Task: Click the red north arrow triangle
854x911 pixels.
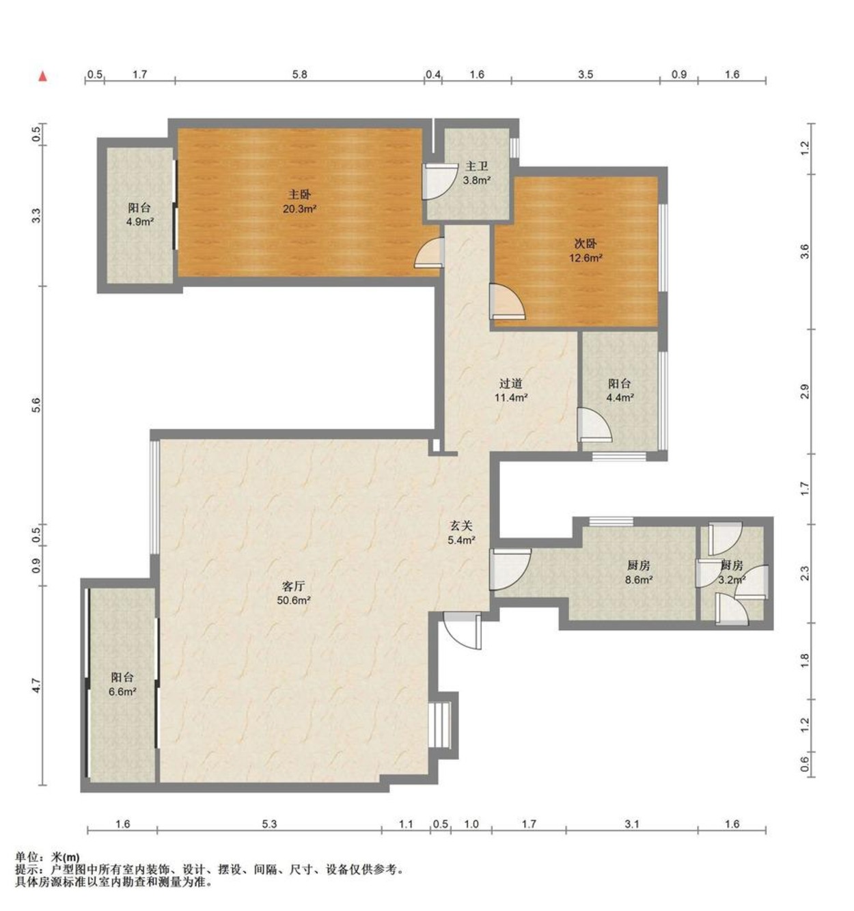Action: tap(42, 77)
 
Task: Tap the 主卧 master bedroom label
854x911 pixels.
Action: tap(299, 195)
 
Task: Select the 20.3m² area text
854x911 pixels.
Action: tap(299, 209)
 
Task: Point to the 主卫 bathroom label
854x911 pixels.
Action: tap(477, 167)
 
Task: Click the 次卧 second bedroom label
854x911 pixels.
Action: tap(586, 243)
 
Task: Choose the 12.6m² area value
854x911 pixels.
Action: tap(586, 258)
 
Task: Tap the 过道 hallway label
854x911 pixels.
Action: tap(510, 383)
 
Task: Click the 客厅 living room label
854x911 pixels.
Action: tap(294, 586)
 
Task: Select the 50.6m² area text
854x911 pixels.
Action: tap(294, 601)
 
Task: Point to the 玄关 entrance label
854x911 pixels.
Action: tap(461, 526)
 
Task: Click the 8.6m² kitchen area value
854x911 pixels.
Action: tap(639, 580)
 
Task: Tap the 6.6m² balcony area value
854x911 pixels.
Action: tap(122, 692)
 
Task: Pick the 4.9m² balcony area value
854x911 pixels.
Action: tap(139, 222)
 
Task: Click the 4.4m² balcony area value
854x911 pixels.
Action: tap(620, 398)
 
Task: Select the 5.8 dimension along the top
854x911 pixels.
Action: tap(299, 74)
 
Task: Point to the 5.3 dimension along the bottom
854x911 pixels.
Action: tap(269, 824)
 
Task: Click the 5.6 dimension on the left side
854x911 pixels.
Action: tap(37, 405)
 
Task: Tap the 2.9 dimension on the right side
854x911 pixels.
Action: tap(804, 392)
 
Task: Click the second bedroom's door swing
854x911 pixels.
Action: tap(507, 302)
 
